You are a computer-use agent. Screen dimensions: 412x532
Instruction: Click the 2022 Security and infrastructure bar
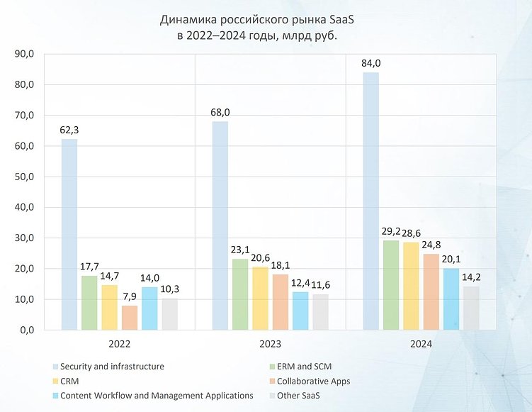[69, 234]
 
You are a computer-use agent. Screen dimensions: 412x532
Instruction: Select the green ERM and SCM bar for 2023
[240, 294]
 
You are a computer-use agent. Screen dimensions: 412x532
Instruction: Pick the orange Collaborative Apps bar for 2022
[129, 318]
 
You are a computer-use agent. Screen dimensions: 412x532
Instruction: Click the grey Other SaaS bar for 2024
[471, 308]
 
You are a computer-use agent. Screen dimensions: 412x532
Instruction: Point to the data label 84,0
[371, 63]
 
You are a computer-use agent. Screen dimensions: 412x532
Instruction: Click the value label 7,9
[129, 296]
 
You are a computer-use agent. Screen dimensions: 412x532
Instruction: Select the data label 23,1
[240, 250]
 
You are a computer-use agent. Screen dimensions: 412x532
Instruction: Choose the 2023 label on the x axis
[270, 344]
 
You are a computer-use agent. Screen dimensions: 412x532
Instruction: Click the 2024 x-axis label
[421, 344]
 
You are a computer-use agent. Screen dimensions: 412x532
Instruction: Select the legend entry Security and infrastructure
[112, 367]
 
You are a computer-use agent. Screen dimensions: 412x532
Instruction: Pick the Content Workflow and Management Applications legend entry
[157, 395]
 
